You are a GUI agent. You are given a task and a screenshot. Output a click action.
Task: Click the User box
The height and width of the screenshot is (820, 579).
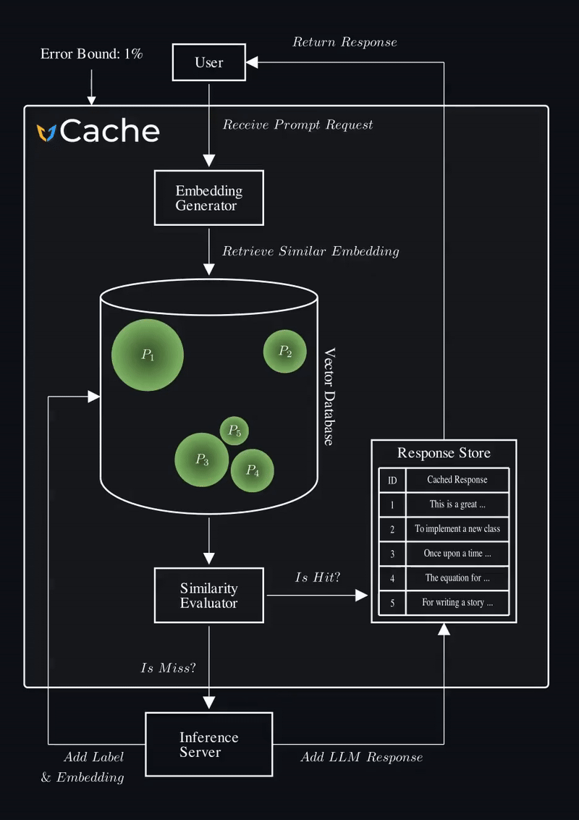208,62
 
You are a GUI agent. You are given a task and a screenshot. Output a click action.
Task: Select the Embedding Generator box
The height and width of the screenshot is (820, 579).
208,198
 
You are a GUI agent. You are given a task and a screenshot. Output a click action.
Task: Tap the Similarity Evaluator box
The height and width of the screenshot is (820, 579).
208,596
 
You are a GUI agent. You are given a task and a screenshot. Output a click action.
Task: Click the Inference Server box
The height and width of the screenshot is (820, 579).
208,744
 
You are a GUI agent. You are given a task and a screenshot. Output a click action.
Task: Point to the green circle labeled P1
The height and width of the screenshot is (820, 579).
148,355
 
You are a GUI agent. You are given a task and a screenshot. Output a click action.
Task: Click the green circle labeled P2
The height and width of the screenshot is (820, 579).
285,352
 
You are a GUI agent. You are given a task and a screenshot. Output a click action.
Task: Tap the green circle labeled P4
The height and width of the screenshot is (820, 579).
252,470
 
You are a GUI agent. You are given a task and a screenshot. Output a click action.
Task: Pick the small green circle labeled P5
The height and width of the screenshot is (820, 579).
234,431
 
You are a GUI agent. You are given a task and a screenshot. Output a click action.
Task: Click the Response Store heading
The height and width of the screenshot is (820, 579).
444,453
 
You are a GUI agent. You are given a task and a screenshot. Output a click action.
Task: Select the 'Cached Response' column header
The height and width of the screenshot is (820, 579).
457,480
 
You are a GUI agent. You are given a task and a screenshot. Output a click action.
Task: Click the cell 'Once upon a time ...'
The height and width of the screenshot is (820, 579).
457,554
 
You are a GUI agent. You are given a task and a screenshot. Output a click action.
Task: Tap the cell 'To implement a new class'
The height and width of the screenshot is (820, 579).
457,529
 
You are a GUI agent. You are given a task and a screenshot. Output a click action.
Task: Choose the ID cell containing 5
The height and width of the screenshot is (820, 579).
392,603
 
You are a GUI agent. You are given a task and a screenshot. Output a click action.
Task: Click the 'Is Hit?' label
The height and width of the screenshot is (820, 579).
318,578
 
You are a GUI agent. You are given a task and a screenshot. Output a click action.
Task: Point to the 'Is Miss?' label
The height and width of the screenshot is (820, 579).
168,668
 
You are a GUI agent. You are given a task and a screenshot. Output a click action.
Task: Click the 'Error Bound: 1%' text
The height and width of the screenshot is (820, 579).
91,54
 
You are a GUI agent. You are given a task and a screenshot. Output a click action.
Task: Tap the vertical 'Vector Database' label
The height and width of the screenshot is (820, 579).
329,397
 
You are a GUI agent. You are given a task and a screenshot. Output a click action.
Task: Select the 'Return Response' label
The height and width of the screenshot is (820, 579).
345,42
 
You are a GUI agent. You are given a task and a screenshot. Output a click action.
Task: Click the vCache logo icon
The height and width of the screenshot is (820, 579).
47,132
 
